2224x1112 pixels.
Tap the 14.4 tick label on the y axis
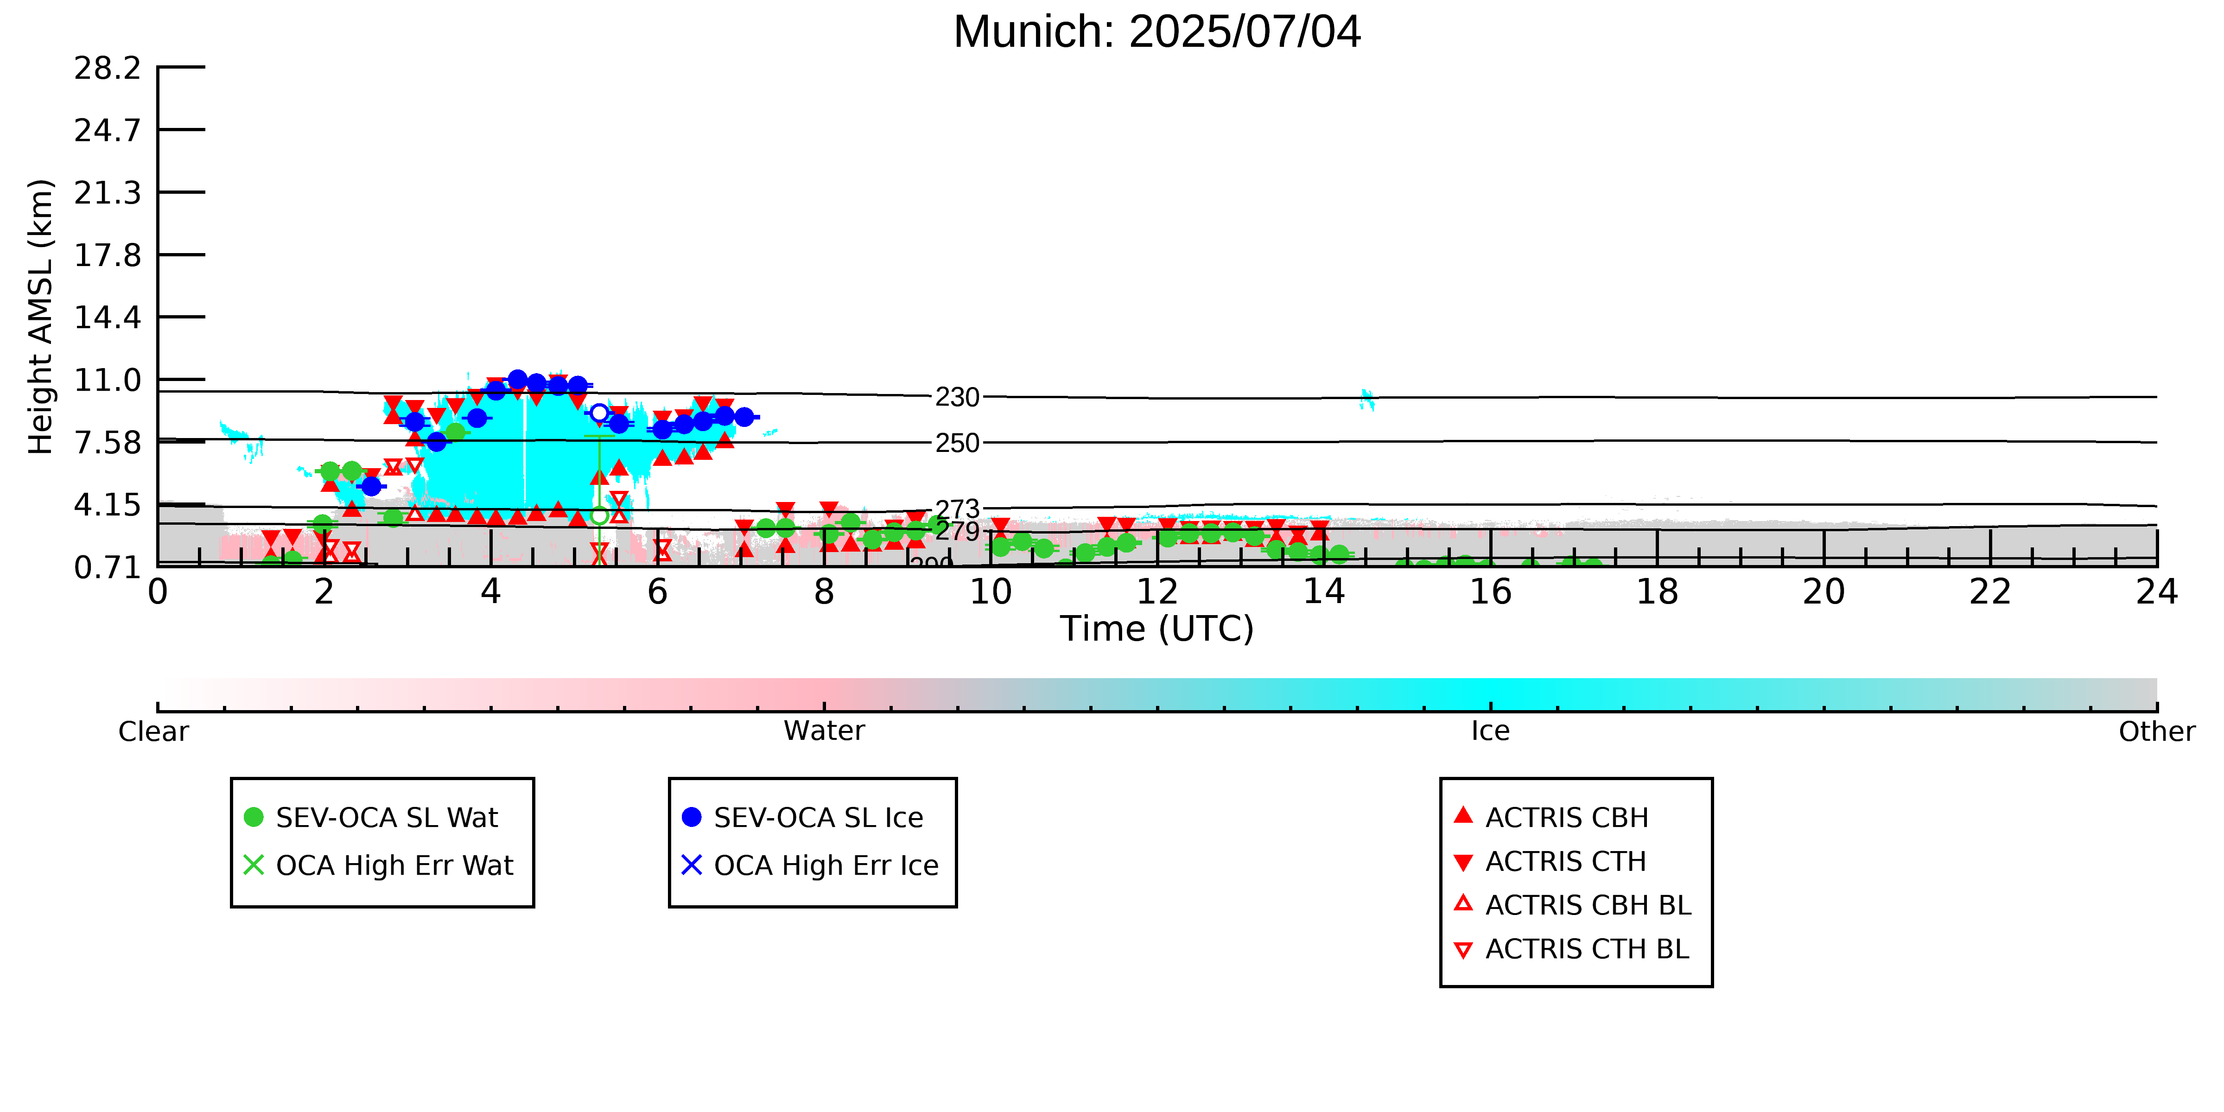coord(107,318)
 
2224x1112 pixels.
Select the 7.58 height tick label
coord(107,443)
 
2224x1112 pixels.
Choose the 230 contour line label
coord(958,397)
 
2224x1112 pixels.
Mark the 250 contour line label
coord(958,443)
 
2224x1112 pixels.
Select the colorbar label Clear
coord(154,731)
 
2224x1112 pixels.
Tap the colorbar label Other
coord(2157,731)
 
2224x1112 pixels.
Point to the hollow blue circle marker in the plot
coord(599,413)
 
